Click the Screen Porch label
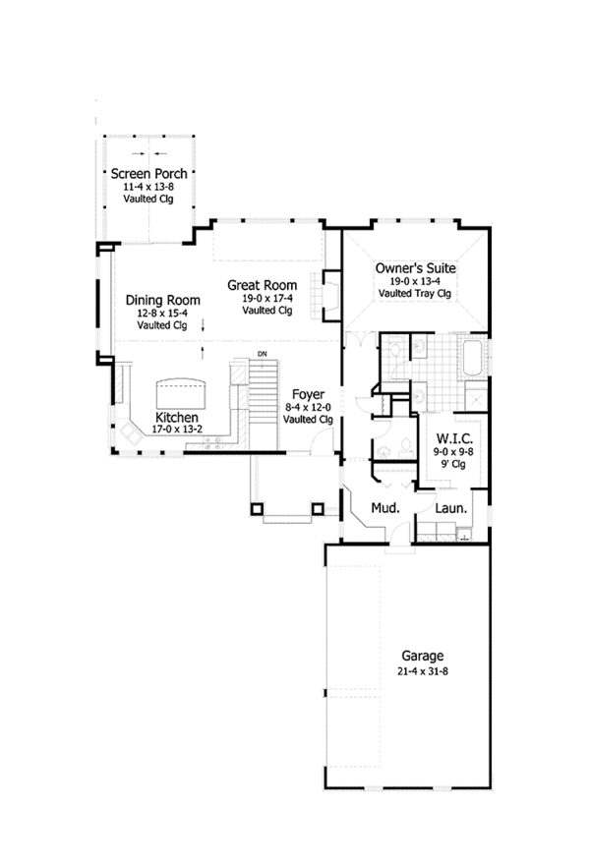coord(148,174)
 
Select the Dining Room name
coord(163,301)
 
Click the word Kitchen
coord(178,417)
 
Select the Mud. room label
coord(383,508)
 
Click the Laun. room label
coord(451,508)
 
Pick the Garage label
coord(422,656)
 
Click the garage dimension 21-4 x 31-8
coord(422,671)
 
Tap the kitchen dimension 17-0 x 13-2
coord(178,430)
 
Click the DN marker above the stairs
coord(263,354)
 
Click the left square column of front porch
coord(258,508)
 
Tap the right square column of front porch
coord(318,508)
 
